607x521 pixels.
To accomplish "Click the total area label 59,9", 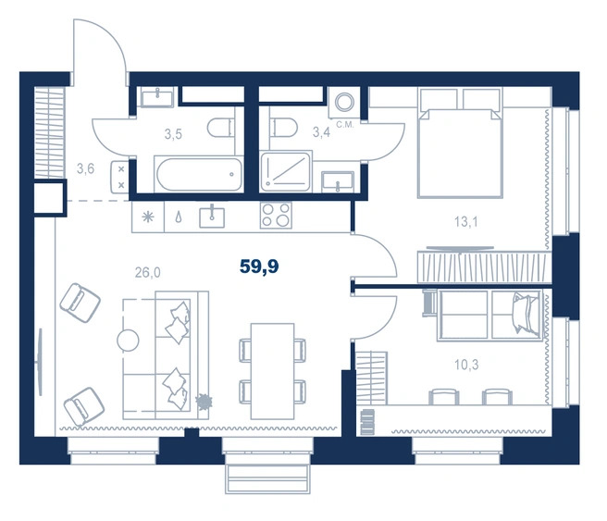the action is (x=259, y=267).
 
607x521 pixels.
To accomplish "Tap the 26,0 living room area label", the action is (x=147, y=272).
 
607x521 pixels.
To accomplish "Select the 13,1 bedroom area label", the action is (x=466, y=222).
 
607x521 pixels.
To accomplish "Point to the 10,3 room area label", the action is (x=466, y=365).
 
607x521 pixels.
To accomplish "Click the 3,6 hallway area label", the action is (x=85, y=168).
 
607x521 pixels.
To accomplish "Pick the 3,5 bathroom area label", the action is (x=173, y=134).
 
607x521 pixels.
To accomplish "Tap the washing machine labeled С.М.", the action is (x=344, y=103).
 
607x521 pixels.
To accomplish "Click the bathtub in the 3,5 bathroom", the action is (x=199, y=174).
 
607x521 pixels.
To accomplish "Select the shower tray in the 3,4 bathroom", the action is (x=286, y=171).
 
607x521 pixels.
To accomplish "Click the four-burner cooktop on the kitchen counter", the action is (x=276, y=216).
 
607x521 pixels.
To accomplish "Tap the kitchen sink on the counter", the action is (x=212, y=217).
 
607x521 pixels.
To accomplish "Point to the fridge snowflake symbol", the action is (x=147, y=217).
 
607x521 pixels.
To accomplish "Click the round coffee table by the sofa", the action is (x=128, y=341).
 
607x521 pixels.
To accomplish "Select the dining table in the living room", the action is (x=273, y=372).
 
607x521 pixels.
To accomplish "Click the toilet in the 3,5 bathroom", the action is (x=221, y=128).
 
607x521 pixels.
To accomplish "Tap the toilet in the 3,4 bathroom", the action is (x=284, y=127).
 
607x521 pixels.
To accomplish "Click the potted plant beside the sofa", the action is (x=204, y=401).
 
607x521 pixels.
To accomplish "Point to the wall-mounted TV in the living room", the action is (x=40, y=362).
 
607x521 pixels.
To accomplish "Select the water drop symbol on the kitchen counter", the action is (x=179, y=217).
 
